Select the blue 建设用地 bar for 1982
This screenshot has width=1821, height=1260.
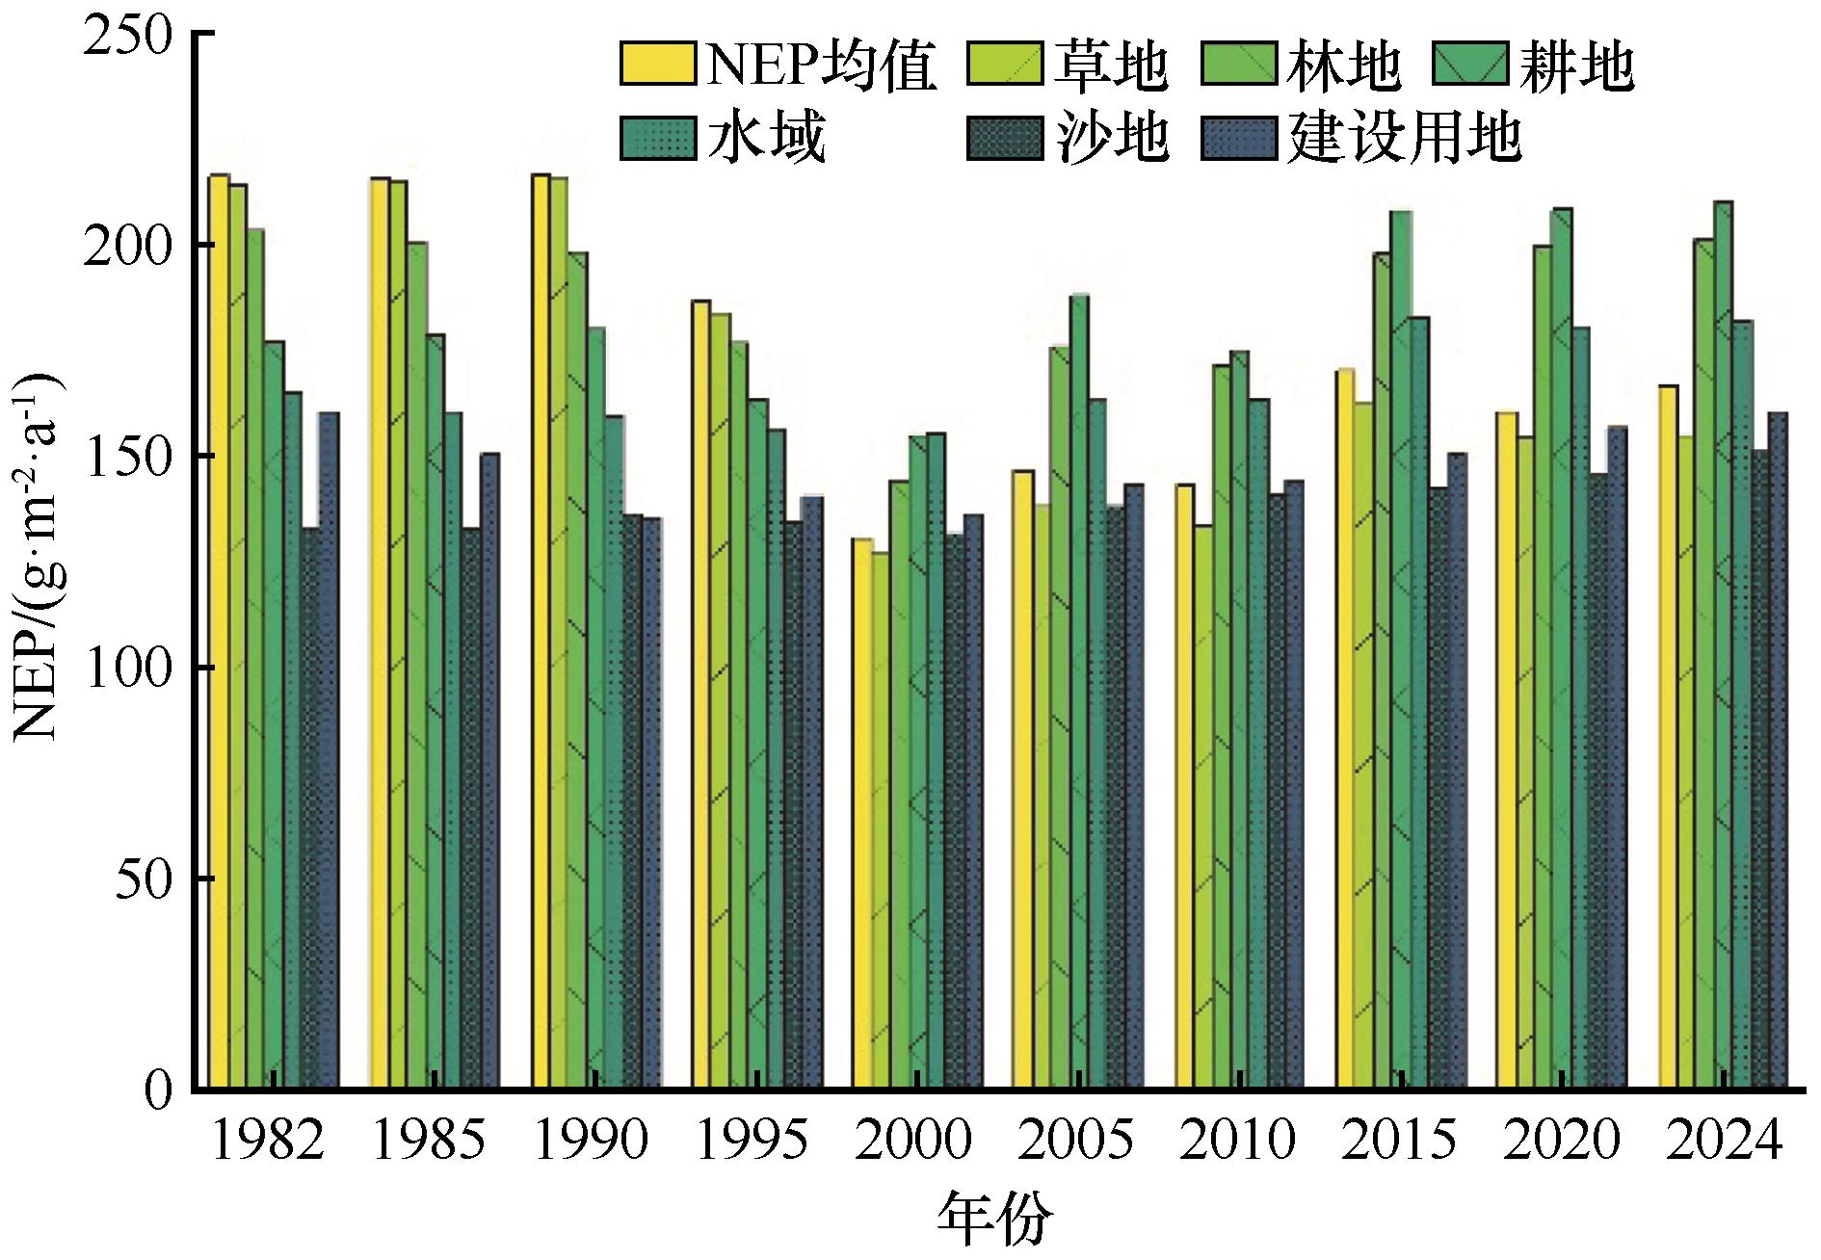[329, 751]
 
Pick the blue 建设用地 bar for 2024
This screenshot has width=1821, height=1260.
[1778, 751]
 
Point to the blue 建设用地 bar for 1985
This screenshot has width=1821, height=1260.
[489, 771]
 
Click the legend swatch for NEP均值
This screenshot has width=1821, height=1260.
[658, 66]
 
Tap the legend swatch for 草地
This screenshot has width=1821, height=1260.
[1002, 66]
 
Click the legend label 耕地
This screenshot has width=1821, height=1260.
[1576, 66]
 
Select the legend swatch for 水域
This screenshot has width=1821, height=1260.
[658, 139]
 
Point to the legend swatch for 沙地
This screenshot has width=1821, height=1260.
[1002, 139]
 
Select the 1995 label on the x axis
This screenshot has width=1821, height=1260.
[752, 1142]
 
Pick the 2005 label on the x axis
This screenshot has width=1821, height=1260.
[1075, 1142]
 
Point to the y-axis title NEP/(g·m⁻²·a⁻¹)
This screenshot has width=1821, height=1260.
[37, 559]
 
